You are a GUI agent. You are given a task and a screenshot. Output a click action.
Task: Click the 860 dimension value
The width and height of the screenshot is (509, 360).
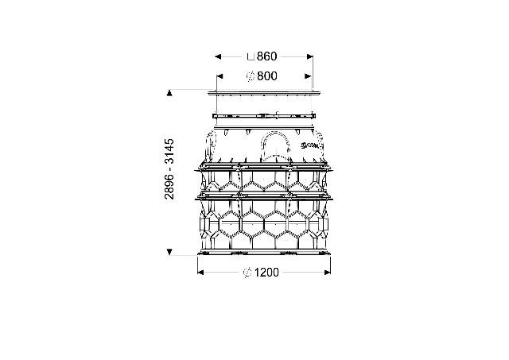[266, 56]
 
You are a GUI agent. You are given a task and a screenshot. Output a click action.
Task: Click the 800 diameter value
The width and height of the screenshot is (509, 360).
[267, 76]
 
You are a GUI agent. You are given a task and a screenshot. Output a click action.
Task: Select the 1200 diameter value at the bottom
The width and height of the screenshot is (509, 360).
[266, 273]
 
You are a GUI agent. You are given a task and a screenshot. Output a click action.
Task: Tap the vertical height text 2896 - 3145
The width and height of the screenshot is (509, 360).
[169, 169]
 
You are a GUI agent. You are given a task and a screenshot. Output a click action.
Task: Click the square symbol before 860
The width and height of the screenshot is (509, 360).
[251, 57]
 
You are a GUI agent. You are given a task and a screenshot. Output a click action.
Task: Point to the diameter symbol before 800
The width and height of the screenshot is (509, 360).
[251, 76]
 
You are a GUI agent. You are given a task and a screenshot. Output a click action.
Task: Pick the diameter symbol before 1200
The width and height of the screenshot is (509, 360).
[247, 273]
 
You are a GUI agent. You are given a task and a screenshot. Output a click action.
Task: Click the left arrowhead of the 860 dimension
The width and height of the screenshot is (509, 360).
[218, 56]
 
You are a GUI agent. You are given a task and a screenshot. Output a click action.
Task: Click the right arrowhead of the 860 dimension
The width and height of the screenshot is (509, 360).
[309, 56]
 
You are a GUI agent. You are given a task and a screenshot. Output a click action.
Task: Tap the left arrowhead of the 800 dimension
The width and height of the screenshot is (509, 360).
[220, 76]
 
